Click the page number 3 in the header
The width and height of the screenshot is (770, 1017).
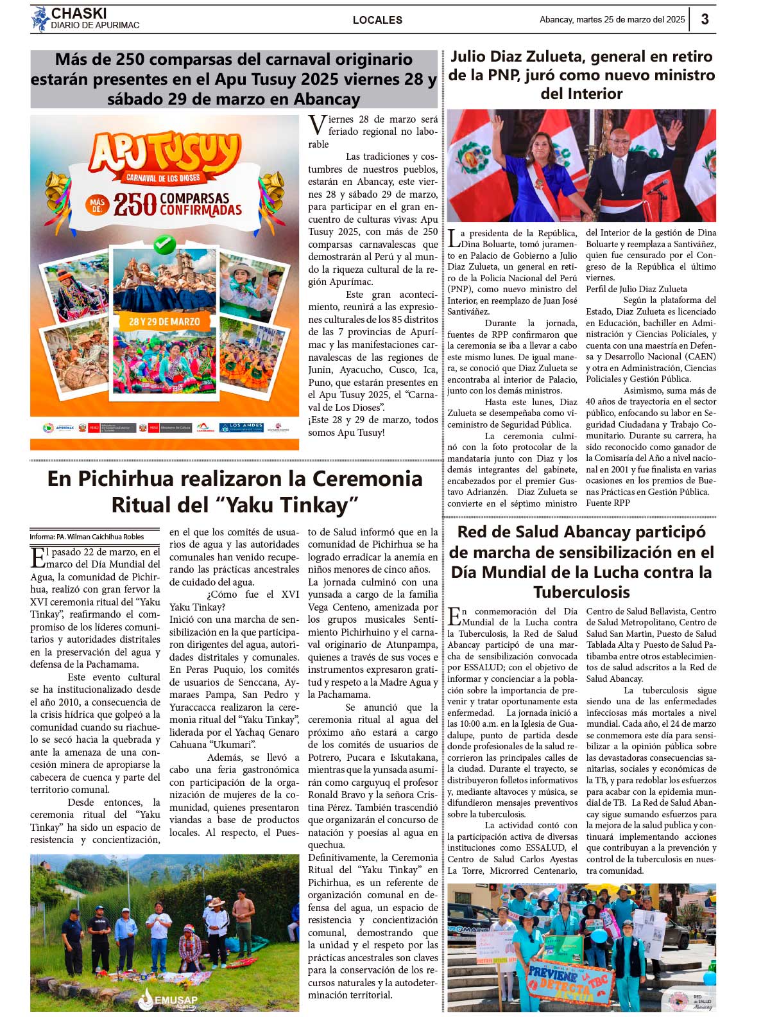705,19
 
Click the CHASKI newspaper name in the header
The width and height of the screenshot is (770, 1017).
79,13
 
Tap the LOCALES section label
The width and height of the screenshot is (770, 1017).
377,20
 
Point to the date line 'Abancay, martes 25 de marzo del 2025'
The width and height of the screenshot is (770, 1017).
612,20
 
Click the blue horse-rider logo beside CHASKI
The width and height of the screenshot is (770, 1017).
40,19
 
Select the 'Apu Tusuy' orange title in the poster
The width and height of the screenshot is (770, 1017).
164,153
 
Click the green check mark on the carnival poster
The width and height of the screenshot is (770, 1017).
165,244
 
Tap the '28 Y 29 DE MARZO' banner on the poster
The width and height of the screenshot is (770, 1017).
164,321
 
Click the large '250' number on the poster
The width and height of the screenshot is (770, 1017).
135,205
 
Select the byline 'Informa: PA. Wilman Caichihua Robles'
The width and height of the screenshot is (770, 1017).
87,537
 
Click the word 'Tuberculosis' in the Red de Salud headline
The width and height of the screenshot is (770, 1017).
581,592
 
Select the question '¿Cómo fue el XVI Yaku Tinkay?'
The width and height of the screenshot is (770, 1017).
234,600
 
